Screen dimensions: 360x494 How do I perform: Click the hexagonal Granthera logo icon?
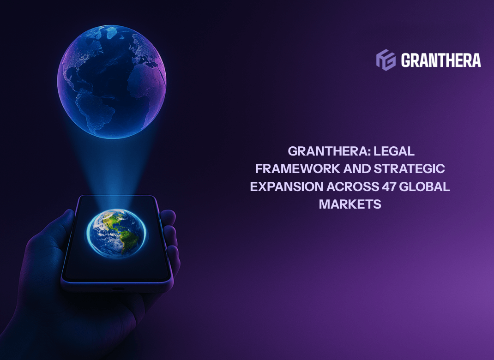click(386, 60)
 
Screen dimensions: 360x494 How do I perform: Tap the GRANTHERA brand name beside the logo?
click(441, 60)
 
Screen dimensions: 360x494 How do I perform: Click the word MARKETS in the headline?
click(350, 204)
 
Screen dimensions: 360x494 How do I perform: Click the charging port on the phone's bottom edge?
click(118, 288)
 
